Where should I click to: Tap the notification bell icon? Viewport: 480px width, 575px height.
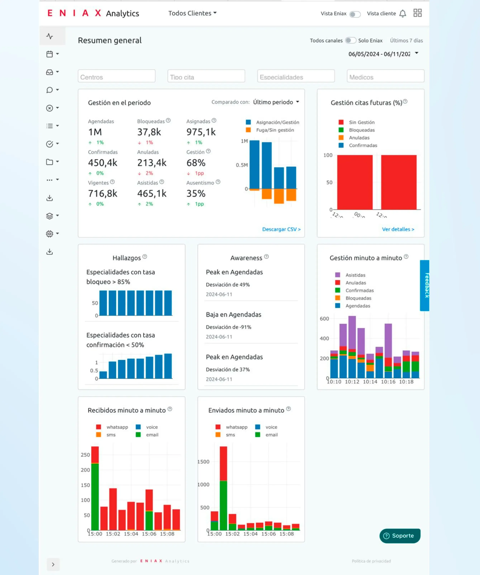(x=402, y=13)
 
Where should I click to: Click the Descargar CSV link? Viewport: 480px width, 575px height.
(x=281, y=229)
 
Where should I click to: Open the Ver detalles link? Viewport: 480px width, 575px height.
(x=398, y=229)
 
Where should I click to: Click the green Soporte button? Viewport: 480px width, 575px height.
(x=400, y=536)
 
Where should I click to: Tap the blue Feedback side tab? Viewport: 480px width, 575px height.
(x=425, y=285)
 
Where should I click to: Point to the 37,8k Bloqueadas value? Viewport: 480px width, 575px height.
(x=149, y=132)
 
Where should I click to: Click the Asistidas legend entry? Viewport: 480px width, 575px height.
(x=355, y=275)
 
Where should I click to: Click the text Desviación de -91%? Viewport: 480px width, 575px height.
(x=229, y=327)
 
